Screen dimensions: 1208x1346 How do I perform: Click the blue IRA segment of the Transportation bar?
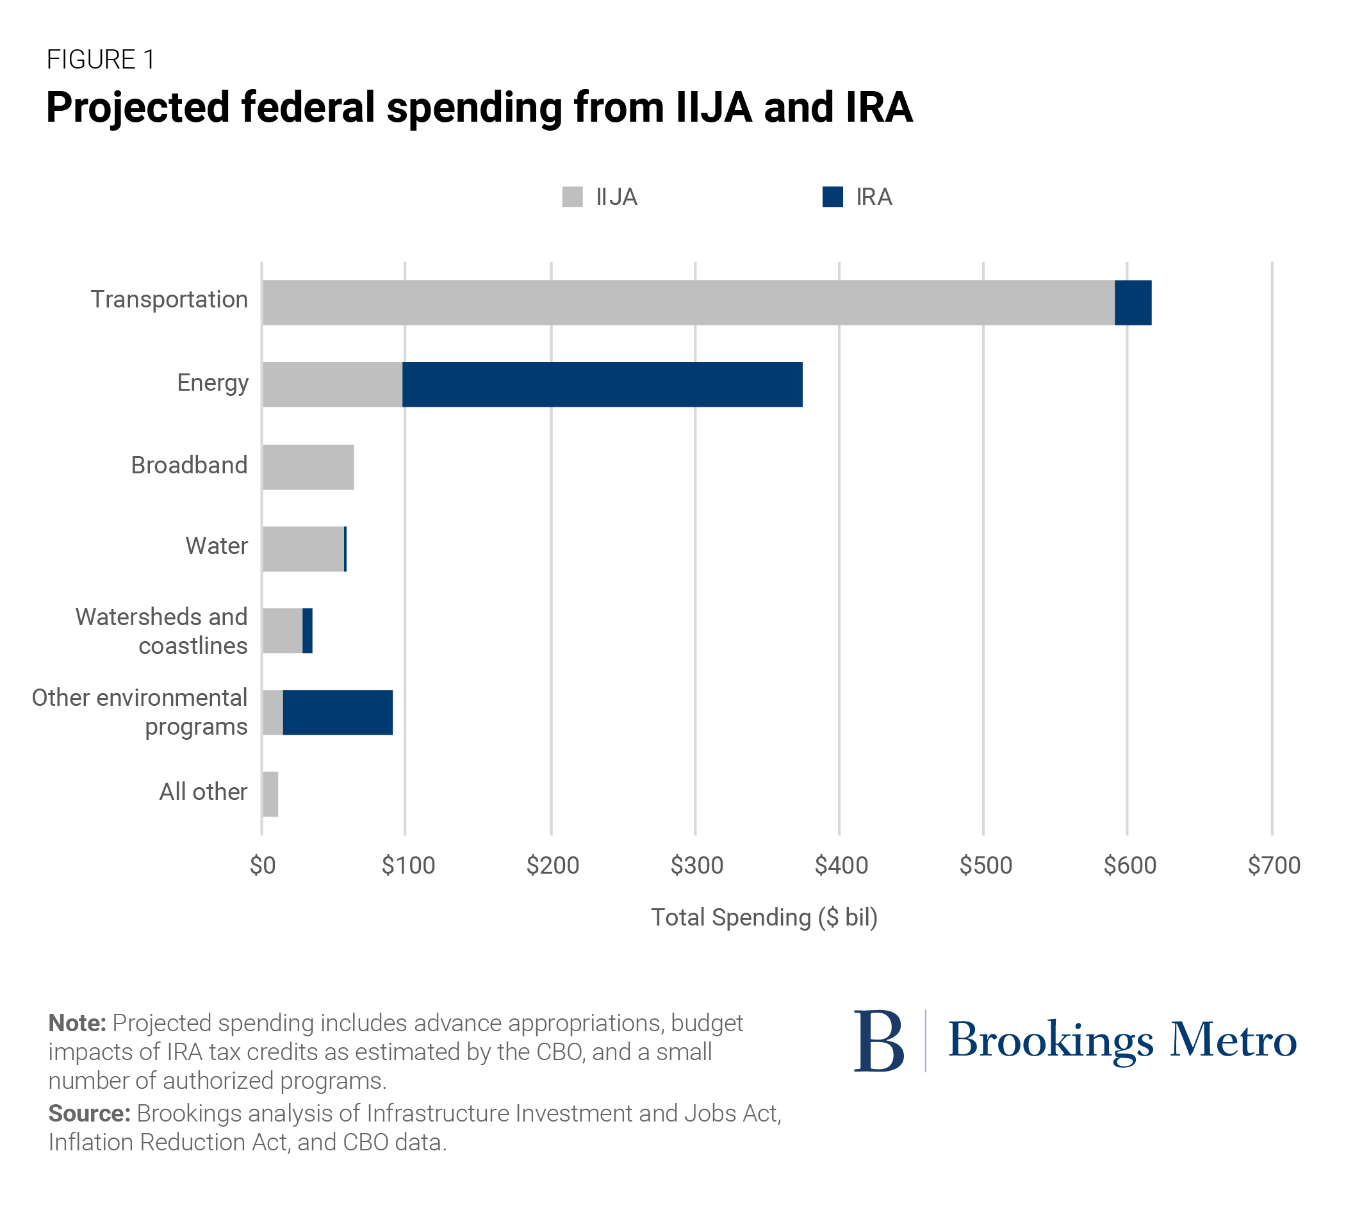tap(1132, 302)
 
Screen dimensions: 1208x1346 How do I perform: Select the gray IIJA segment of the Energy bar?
tap(332, 384)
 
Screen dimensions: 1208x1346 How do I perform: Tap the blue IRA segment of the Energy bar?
tap(602, 384)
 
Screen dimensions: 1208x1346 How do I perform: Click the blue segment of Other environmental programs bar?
tap(337, 712)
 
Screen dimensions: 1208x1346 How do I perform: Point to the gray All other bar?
tap(270, 793)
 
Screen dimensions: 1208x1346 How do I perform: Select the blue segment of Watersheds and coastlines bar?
tap(308, 630)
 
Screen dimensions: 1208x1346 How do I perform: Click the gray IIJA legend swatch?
tap(572, 197)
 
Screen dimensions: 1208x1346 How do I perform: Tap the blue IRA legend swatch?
tap(832, 197)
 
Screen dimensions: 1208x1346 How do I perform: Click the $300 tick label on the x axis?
tap(696, 865)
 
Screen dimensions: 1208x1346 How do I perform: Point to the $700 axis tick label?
tap(1273, 865)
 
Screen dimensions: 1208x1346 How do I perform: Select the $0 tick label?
tap(262, 865)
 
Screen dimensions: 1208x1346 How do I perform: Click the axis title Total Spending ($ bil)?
tap(764, 917)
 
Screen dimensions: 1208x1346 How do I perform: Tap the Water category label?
tap(217, 546)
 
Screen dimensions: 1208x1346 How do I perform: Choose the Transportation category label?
tap(169, 299)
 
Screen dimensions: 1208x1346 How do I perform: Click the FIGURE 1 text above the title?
tap(101, 60)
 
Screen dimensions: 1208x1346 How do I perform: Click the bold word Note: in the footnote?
tap(77, 1023)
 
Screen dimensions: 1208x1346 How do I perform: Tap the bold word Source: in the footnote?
tap(89, 1113)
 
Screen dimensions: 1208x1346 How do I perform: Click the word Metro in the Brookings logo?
tap(1232, 1040)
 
